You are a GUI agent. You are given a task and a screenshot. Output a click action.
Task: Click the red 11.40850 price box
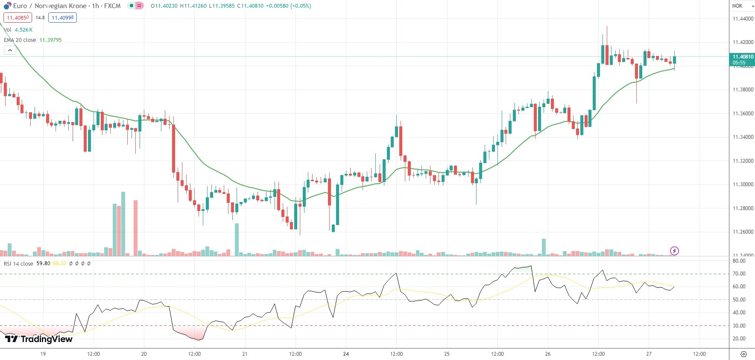click(18, 18)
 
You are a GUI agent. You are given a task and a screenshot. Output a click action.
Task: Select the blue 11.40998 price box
click(62, 18)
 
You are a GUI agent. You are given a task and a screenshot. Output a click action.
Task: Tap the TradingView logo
click(39, 339)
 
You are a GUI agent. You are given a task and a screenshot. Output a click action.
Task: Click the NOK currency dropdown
click(742, 6)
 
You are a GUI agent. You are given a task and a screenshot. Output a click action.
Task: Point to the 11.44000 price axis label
click(743, 19)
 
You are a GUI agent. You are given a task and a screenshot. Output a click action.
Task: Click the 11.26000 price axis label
click(743, 232)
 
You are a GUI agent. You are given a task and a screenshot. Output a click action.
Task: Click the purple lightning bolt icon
click(674, 251)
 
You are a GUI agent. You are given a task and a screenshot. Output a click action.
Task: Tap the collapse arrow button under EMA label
click(10, 50)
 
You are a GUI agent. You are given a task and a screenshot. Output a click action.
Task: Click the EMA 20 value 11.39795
click(50, 40)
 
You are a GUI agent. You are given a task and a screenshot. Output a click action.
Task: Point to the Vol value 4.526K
click(23, 30)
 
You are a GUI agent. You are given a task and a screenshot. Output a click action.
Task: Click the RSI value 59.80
click(43, 263)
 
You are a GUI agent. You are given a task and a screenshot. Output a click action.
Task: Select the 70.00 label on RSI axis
click(739, 274)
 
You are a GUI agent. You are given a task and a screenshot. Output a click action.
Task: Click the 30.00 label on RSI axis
click(739, 326)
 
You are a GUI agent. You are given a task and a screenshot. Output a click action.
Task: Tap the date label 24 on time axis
click(346, 354)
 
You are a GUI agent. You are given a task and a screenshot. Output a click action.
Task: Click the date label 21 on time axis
click(245, 354)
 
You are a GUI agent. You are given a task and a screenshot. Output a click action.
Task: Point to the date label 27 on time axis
click(649, 354)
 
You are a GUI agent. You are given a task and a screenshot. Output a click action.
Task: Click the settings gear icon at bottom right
click(743, 354)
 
